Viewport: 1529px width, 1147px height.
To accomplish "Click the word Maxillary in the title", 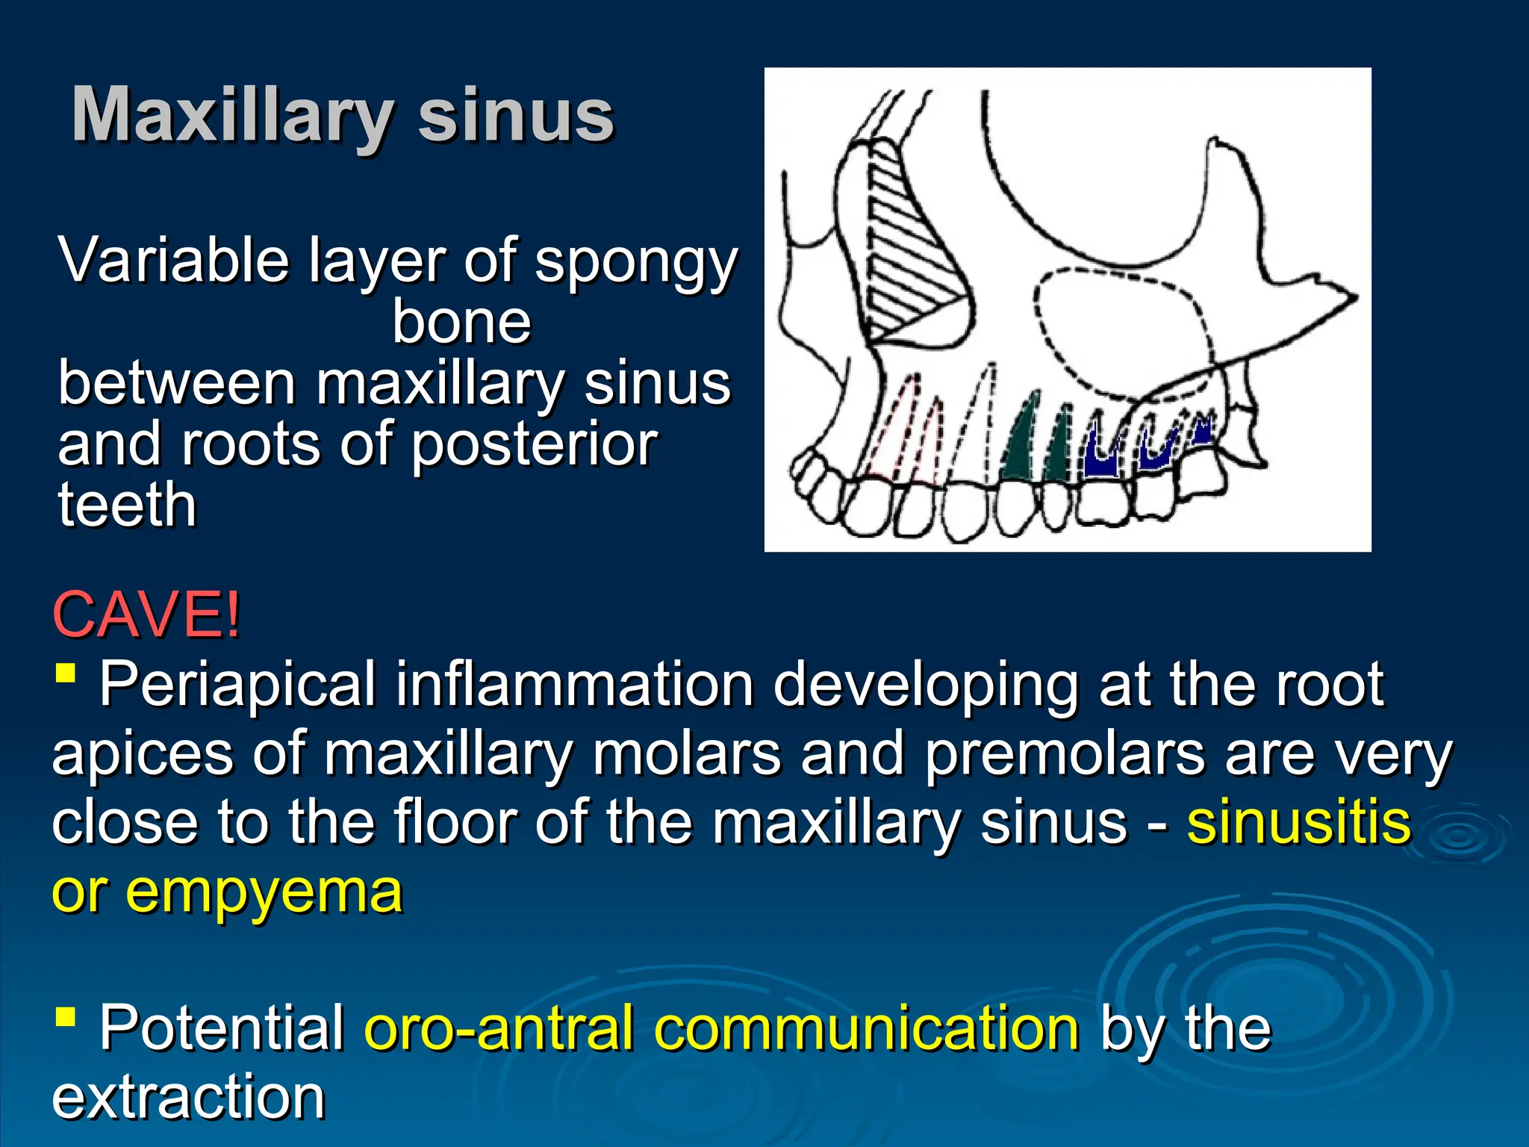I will click(231, 116).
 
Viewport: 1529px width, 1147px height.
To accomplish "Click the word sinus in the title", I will click(515, 116).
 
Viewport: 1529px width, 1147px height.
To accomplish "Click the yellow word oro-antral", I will click(499, 1028).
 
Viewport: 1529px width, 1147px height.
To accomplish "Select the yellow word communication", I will click(866, 1028).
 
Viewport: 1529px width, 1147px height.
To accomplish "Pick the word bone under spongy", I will click(461, 323).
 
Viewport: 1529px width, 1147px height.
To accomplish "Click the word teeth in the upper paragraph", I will click(127, 506).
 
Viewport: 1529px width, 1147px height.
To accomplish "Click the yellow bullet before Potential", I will click(66, 1016).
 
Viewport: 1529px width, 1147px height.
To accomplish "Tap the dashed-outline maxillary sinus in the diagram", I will click(1120, 329).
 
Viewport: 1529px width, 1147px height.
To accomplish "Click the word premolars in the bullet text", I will click(1064, 754).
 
